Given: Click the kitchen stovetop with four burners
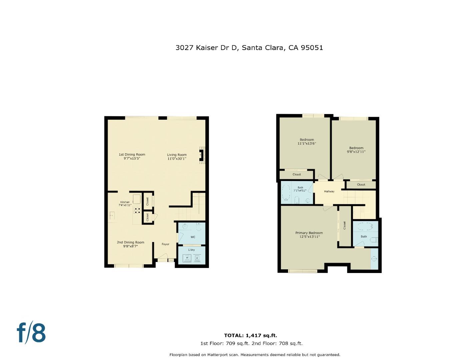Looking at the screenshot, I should (x=137, y=211).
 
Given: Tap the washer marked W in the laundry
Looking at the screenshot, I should (x=187, y=258).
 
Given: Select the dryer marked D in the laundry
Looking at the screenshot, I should (x=197, y=258).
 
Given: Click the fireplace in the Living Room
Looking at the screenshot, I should (x=201, y=155).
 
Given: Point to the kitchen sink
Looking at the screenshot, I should (x=112, y=216).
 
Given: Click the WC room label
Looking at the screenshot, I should (x=193, y=237).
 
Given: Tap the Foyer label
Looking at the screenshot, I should (x=165, y=244).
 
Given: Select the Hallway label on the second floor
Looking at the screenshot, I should (x=329, y=191).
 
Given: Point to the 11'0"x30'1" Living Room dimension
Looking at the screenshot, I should (x=177, y=159).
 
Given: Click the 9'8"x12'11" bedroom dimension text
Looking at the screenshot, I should (x=356, y=152).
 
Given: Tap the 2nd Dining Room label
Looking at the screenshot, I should (x=130, y=242).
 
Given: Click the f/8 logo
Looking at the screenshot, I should (x=31, y=332).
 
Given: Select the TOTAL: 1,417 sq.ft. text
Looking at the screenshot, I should (x=250, y=336).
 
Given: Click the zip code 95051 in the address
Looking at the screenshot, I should (x=312, y=48).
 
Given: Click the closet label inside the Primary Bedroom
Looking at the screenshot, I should (x=345, y=225).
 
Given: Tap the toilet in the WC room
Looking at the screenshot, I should (x=199, y=228).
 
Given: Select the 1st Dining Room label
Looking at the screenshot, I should (x=132, y=154).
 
